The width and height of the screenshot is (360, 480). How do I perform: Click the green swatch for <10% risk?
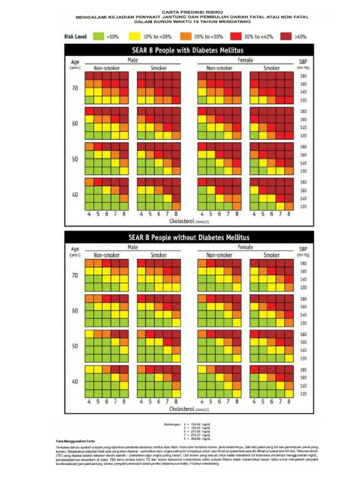click(98, 36)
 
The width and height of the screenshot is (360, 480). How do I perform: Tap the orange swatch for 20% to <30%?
click(185, 36)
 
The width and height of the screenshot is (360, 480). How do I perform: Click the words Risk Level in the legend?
click(75, 36)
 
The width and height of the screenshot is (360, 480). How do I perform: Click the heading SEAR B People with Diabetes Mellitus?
click(186, 50)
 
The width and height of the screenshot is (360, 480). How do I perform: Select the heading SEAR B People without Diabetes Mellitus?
click(189, 237)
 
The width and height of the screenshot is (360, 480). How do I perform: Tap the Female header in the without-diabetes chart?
click(245, 247)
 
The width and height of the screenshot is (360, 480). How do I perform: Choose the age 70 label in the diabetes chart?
click(75, 88)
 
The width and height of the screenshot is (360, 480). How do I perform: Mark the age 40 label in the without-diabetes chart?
click(75, 382)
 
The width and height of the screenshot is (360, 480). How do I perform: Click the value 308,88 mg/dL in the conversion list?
click(202, 439)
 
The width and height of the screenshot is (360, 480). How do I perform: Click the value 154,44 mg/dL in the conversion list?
click(202, 424)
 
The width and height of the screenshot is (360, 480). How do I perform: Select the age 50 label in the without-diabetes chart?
click(75, 346)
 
